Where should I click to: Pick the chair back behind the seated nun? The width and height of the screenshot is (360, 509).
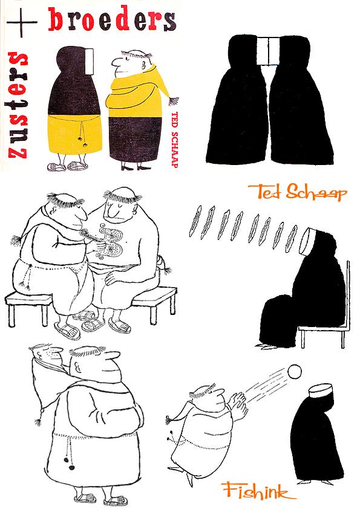347,296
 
